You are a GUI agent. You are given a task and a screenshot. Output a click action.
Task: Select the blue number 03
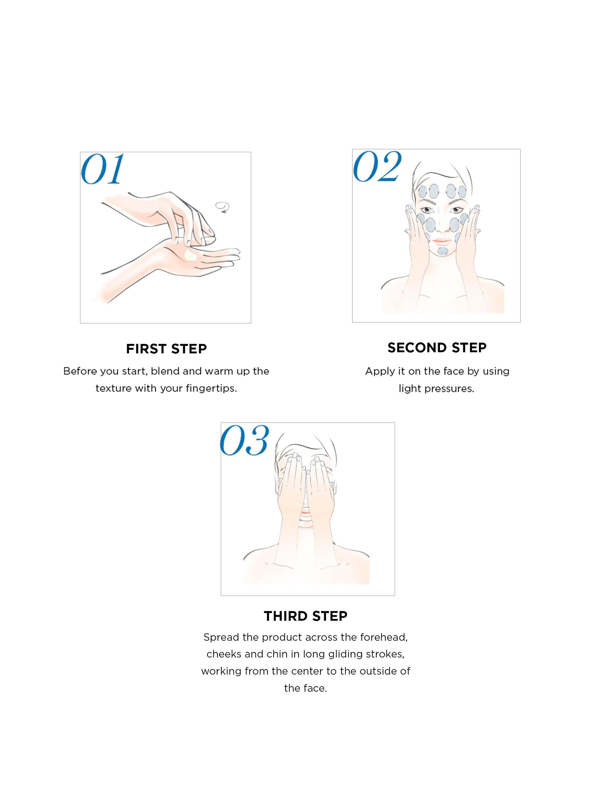(x=244, y=441)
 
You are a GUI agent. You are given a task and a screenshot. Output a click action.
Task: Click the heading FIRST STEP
(x=166, y=349)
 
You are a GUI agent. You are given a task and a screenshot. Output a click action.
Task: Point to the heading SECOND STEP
(x=437, y=347)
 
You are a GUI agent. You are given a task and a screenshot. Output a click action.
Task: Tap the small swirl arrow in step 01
(x=222, y=207)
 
